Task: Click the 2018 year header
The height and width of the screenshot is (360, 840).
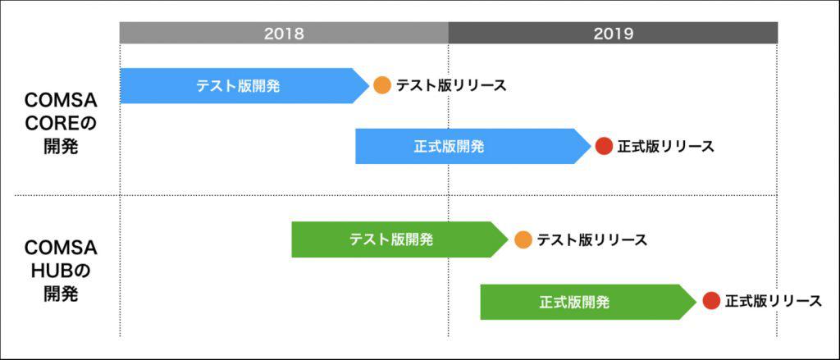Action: pyautogui.click(x=284, y=33)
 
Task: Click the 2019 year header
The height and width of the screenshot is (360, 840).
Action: pyautogui.click(x=613, y=33)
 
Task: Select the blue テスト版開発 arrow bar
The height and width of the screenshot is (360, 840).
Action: pyautogui.click(x=238, y=85)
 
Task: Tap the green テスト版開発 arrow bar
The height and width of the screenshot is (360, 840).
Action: pyautogui.click(x=391, y=239)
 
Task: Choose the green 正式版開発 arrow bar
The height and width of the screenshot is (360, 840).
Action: pyautogui.click(x=574, y=302)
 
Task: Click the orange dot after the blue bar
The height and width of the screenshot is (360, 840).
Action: pyautogui.click(x=382, y=85)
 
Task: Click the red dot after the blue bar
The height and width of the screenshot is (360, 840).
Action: pyautogui.click(x=604, y=147)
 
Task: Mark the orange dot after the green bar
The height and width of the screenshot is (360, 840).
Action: pyautogui.click(x=523, y=239)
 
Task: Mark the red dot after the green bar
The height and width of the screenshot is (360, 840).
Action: pyautogui.click(x=711, y=302)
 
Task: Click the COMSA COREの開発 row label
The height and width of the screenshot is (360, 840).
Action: pyautogui.click(x=61, y=124)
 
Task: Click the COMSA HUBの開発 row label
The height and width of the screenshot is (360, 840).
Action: pyautogui.click(x=61, y=271)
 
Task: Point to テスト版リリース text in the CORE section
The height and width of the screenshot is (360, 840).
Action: pyautogui.click(x=451, y=85)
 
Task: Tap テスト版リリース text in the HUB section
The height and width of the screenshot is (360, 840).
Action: pyautogui.click(x=591, y=239)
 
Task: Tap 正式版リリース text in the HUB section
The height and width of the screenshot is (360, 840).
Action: pyautogui.click(x=773, y=302)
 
